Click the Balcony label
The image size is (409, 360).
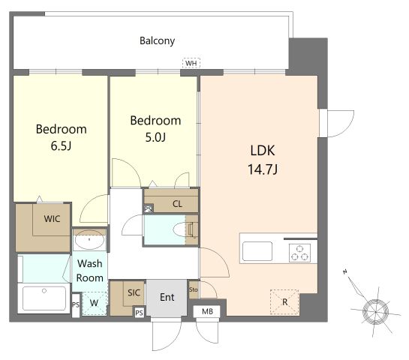(x=157, y=41)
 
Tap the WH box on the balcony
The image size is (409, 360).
(x=191, y=63)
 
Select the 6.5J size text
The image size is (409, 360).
(x=61, y=145)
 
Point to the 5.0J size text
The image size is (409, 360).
(x=155, y=137)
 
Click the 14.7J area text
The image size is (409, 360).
(x=263, y=169)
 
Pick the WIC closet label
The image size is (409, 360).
(x=52, y=219)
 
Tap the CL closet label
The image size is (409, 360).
(x=177, y=203)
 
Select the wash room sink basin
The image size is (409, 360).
(x=89, y=239)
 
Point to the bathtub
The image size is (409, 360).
(x=44, y=298)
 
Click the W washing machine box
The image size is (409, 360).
(x=94, y=304)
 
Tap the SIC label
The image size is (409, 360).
(x=134, y=292)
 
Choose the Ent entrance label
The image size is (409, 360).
(x=167, y=297)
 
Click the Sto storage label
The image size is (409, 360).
(x=194, y=289)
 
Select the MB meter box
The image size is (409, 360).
(x=207, y=311)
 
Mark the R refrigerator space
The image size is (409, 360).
(x=284, y=302)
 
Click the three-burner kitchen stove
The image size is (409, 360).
(x=299, y=253)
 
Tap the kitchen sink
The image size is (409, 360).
(x=257, y=251)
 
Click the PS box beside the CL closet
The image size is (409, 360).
(x=149, y=209)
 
